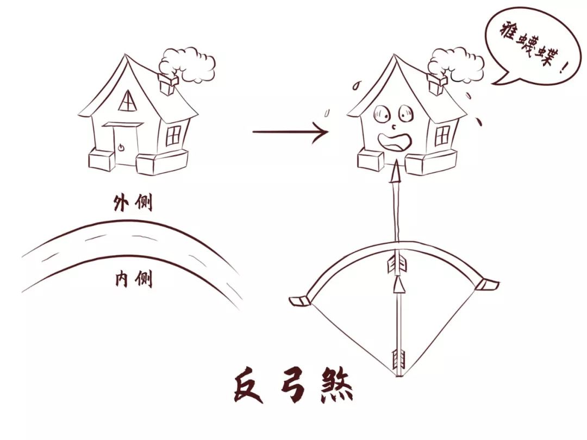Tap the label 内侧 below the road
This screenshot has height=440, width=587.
tap(134, 279)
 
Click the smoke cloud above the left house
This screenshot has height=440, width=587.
tap(187, 64)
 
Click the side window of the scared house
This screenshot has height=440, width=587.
tap(442, 136)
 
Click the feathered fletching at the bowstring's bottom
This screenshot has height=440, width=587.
tap(398, 359)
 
